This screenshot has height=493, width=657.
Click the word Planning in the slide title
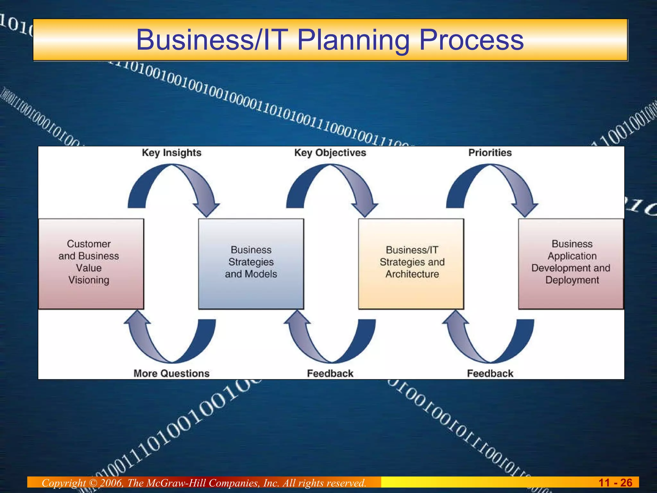[353, 40]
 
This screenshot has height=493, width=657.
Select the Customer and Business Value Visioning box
[91, 264]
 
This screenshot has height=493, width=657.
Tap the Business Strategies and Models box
[251, 264]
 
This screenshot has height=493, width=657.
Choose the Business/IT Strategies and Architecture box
[411, 264]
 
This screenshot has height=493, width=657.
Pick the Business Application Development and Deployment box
[571, 264]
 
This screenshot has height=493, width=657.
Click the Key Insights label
[172, 152]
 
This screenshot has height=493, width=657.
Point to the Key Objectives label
[330, 152]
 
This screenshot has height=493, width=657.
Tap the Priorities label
[490, 152]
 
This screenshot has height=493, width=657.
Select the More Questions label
[172, 373]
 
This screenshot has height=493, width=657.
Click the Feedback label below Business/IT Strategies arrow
[330, 373]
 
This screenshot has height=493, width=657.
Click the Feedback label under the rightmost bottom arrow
[490, 373]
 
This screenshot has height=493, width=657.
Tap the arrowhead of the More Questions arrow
[138, 318]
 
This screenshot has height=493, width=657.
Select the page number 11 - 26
[615, 482]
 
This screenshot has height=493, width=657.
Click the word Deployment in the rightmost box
[572, 280]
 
